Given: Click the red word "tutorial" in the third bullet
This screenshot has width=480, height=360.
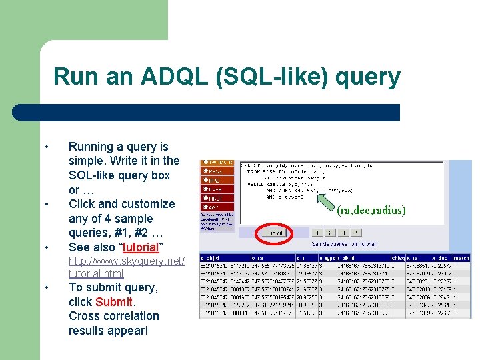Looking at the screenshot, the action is (140, 247).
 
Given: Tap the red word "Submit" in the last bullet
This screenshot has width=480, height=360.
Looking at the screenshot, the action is (114, 302).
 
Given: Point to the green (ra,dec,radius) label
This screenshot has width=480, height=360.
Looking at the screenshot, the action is (371, 211).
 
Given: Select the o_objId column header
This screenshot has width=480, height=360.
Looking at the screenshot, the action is (213, 258).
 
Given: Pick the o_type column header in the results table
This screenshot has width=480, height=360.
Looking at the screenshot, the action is (328, 258).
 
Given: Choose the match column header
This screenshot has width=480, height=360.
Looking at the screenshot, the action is (461, 258).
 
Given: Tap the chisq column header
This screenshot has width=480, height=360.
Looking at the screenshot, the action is (398, 258).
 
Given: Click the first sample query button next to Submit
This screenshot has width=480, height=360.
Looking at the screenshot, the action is (318, 233).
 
